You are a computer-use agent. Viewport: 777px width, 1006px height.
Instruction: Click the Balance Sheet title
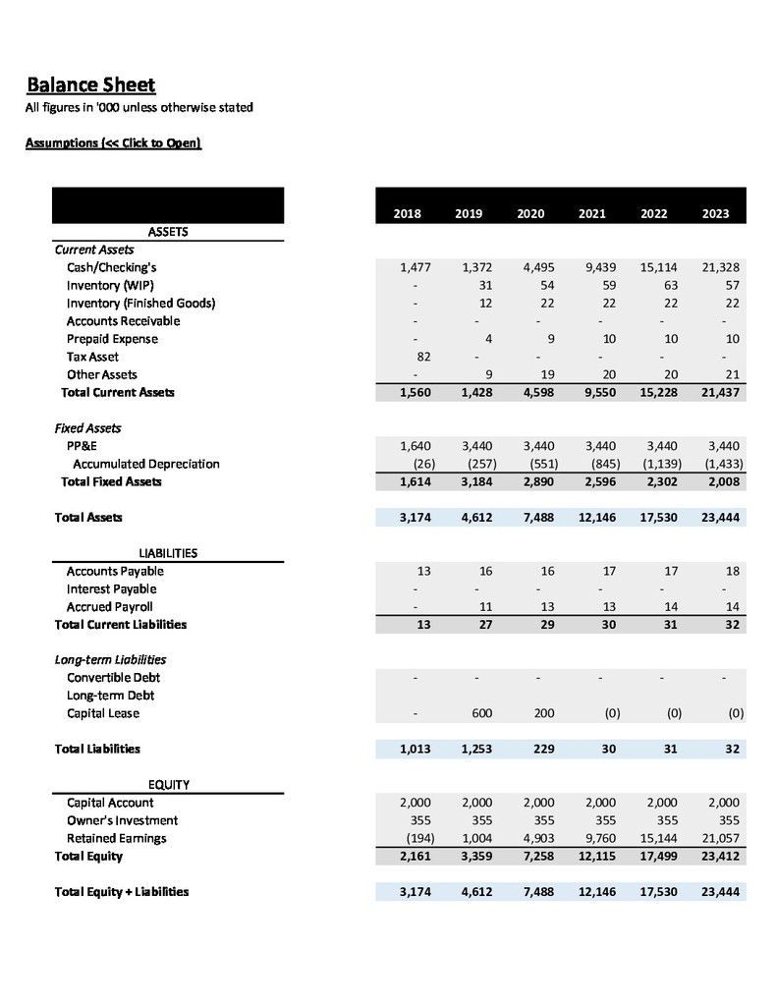coord(89,84)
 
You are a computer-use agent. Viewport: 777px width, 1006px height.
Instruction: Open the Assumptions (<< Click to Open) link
coord(112,143)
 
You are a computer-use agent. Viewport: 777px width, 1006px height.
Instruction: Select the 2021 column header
coord(591,214)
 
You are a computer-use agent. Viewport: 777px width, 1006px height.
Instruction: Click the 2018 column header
coord(407,214)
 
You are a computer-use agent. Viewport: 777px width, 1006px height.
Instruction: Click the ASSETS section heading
coord(168,232)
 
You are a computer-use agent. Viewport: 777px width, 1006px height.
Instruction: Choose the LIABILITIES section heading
coord(168,553)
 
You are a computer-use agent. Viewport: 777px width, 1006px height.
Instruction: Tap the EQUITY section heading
coord(168,784)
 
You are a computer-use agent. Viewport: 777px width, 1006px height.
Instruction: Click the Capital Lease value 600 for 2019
coord(481,713)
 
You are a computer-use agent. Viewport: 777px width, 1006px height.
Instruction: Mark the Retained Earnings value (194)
coord(416,838)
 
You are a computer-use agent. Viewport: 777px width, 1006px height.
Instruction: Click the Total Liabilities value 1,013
coord(416,749)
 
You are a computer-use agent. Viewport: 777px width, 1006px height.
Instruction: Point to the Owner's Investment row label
coord(122,820)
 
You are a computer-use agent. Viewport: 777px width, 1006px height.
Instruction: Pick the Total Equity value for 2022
coord(658,856)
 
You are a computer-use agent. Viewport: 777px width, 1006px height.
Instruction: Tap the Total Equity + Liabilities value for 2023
coord(719,892)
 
